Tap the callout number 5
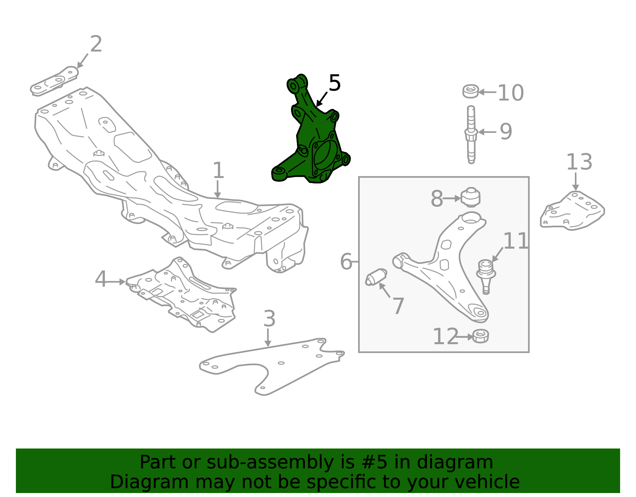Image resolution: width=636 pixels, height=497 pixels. pyautogui.click(x=335, y=83)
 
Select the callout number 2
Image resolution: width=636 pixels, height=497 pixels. pyautogui.click(x=96, y=44)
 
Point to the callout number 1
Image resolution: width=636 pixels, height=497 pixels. pyautogui.click(x=218, y=170)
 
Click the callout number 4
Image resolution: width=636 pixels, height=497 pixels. pyautogui.click(x=101, y=279)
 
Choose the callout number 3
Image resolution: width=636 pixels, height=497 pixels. pyautogui.click(x=269, y=318)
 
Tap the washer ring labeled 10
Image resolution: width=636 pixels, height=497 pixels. pyautogui.click(x=471, y=91)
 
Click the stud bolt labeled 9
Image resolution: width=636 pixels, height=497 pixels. pyautogui.click(x=471, y=135)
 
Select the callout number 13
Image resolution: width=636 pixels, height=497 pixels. pyautogui.click(x=579, y=162)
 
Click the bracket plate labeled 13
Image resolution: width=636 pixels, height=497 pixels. pyautogui.click(x=572, y=211)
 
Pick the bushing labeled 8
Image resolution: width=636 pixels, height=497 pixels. pyautogui.click(x=471, y=197)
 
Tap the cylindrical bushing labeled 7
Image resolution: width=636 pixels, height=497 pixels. pyautogui.click(x=376, y=277)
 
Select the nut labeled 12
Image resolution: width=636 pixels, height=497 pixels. pyautogui.click(x=481, y=336)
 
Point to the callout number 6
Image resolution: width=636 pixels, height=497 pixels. pyautogui.click(x=346, y=261)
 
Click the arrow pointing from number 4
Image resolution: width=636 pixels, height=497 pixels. pyautogui.click(x=116, y=282)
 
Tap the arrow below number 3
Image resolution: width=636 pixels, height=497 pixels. pyautogui.click(x=268, y=338)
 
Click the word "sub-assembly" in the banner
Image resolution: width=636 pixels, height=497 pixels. pyautogui.click(x=270, y=462)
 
